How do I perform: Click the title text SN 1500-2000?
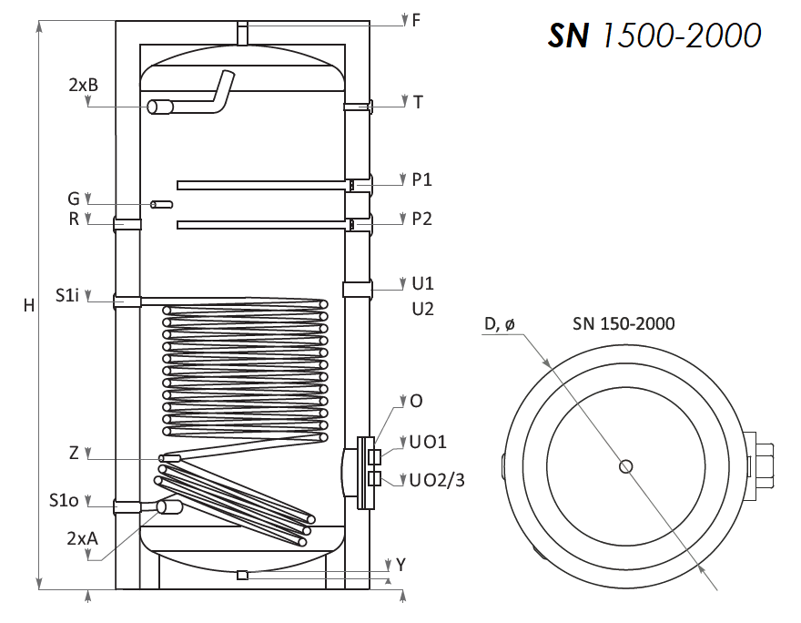coord(654,36)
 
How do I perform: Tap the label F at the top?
coord(416,20)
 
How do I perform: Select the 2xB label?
coord(83,85)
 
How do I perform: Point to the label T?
coord(418,102)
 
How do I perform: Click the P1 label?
coord(422,179)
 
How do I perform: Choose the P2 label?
coord(422,219)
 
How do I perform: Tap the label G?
coord(74,199)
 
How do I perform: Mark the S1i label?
coord(67,295)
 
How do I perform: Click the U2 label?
coord(423,309)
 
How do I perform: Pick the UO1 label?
coord(428,442)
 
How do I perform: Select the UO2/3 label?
coord(437,480)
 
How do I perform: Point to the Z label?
coord(74,453)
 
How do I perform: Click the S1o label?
coord(64,500)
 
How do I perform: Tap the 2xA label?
coord(82,538)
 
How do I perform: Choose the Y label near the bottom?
coord(401,565)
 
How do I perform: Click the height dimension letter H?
coord(29,305)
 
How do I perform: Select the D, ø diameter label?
coord(500,324)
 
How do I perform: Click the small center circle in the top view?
coord(626,466)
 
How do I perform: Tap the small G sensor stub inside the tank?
coord(161,205)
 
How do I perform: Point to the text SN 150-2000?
coord(624,323)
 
